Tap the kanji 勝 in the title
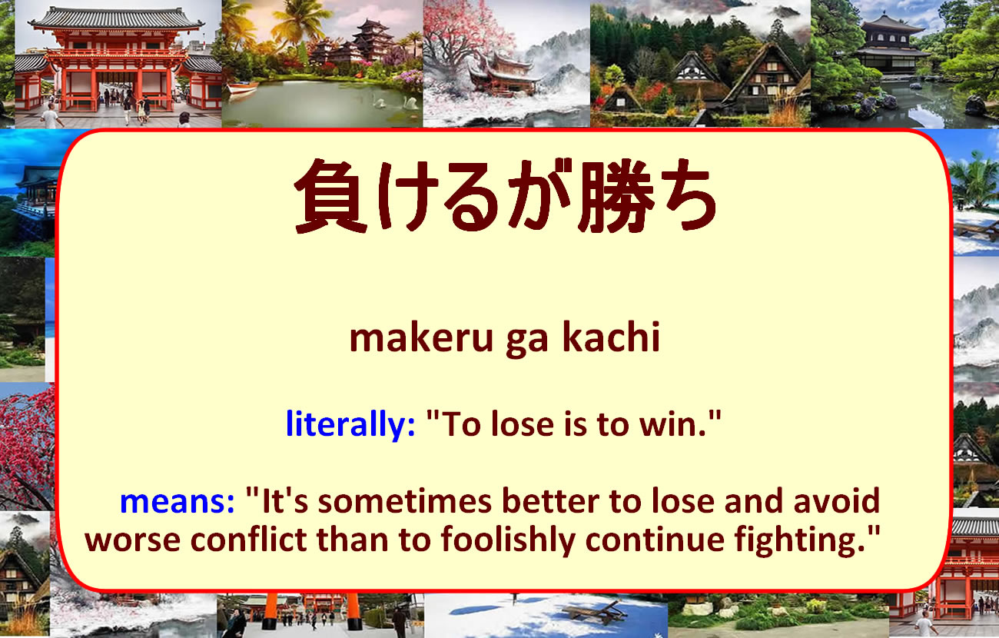click(x=616, y=196)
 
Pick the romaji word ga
click(x=526, y=343)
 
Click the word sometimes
click(x=405, y=501)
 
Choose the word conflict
click(x=249, y=540)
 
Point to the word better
click(x=551, y=501)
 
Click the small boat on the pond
click(x=243, y=88)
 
